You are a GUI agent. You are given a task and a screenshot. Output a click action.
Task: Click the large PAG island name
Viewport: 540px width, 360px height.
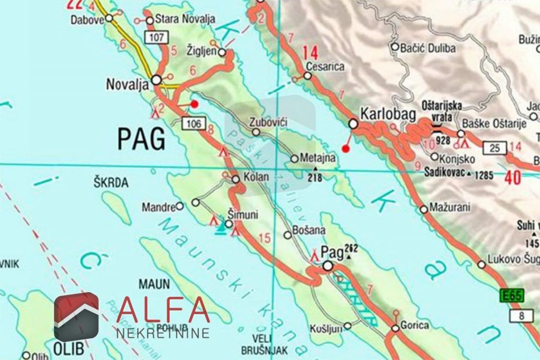[x=141, y=139]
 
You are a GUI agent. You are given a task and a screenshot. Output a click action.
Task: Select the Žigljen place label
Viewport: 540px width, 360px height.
[x=202, y=51]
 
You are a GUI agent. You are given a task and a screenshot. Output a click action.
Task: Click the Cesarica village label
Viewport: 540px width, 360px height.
[x=325, y=67]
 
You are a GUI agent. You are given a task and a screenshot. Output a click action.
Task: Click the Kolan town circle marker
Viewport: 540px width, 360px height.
[x=236, y=179]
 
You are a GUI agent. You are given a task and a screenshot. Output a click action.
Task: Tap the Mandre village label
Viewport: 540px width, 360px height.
[x=158, y=207]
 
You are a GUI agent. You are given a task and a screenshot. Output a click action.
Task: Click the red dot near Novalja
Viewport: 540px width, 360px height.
[x=195, y=104]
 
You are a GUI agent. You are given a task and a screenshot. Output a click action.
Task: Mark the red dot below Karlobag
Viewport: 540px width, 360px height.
[x=345, y=149]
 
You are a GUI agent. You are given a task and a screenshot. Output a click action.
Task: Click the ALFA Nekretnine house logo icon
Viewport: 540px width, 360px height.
[x=76, y=317]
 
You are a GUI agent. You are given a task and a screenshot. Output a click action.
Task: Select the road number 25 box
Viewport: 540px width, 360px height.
[x=495, y=148]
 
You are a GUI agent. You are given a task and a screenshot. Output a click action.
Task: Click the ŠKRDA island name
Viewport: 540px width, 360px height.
[x=111, y=183]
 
